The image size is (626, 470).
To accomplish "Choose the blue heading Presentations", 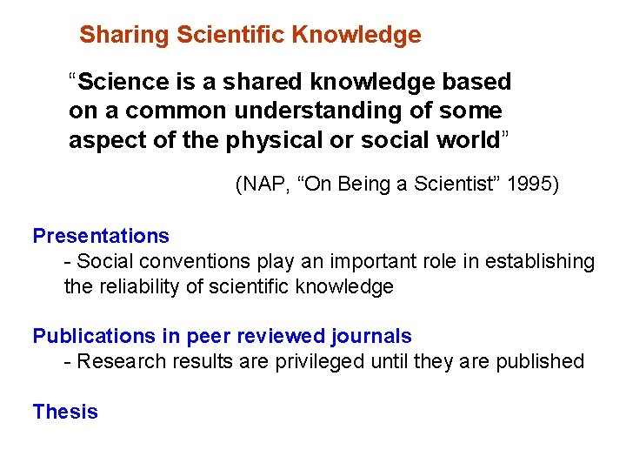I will pos(101,236).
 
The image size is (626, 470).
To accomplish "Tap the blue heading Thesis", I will pos(65,412).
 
